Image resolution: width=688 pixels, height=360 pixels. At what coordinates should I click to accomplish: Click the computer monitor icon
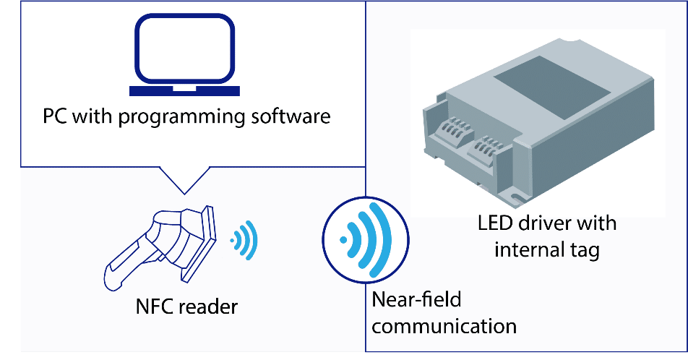click(x=185, y=51)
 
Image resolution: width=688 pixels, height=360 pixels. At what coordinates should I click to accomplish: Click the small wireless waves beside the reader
click(x=245, y=239)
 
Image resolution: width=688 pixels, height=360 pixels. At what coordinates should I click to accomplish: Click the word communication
click(x=444, y=326)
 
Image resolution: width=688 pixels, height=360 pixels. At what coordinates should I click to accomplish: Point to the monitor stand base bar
click(x=185, y=91)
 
